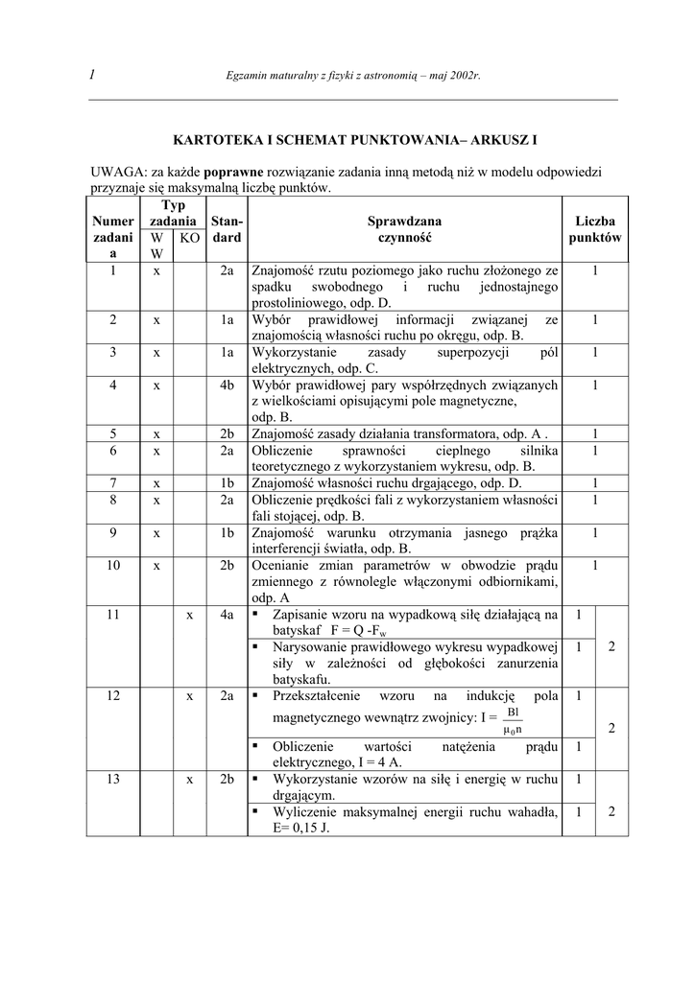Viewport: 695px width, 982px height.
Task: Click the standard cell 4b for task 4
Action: [x=227, y=385]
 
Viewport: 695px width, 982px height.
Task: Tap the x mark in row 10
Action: [x=156, y=566]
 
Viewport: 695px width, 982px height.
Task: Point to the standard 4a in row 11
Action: [x=227, y=614]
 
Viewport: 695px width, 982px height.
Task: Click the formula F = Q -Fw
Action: [x=365, y=631]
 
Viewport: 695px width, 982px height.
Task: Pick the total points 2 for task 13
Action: [x=611, y=811]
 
